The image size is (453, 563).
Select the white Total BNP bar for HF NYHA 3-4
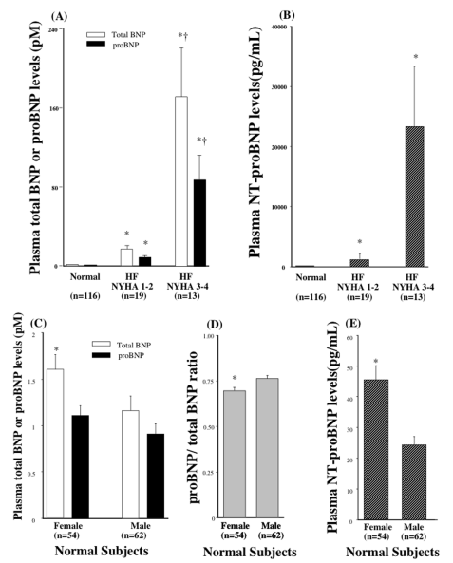180,180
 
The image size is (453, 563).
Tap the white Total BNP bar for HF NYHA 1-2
126,256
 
